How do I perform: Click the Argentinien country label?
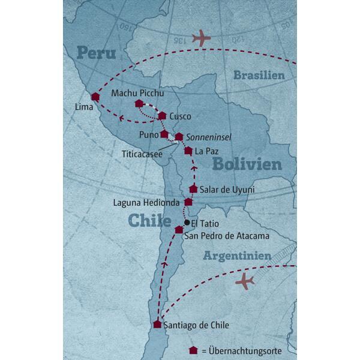click(x=238, y=256)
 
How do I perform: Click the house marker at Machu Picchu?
click(x=139, y=103)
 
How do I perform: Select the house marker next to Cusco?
click(x=162, y=115)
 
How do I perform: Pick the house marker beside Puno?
click(x=164, y=134)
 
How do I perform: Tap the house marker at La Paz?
click(x=188, y=150)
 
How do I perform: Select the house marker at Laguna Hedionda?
click(x=188, y=202)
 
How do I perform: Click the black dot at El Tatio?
click(x=187, y=223)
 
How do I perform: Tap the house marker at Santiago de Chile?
click(x=157, y=324)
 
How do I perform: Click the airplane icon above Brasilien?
click(x=202, y=38)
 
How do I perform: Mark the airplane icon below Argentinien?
click(x=245, y=280)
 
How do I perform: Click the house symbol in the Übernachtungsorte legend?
click(x=193, y=350)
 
